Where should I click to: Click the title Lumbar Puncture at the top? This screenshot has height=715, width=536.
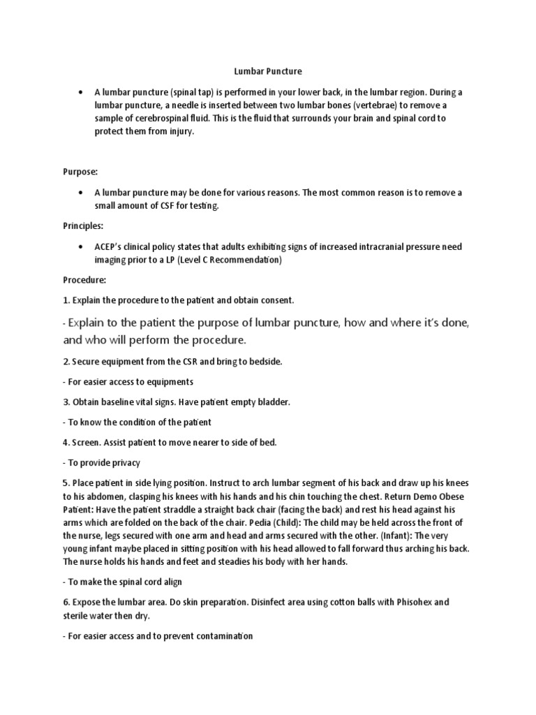click(267, 71)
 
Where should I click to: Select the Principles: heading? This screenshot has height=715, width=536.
click(82, 226)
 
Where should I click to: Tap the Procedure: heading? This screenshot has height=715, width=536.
click(84, 280)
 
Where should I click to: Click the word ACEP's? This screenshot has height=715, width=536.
click(111, 247)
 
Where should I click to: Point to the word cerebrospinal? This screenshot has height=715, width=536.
click(171, 118)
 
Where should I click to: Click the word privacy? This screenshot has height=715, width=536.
click(125, 463)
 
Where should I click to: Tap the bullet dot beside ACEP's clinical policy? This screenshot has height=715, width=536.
click(83, 247)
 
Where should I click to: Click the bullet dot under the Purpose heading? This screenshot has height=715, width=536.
click(83, 193)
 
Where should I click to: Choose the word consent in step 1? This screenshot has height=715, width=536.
click(277, 300)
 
